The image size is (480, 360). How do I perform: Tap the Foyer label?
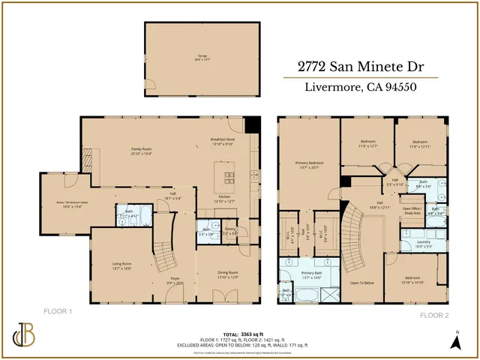point(175,279)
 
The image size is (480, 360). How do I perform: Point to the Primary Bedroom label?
point(309,164)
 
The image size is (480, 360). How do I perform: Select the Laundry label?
point(424,243)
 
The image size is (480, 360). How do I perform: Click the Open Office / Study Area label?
point(410,211)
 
